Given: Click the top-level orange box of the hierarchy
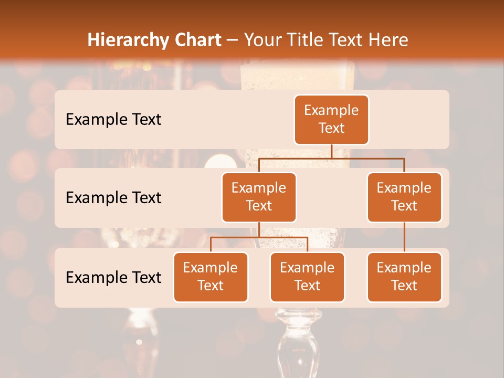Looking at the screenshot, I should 331,119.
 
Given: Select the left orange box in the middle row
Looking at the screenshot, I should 259,197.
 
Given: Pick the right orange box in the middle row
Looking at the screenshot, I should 404,197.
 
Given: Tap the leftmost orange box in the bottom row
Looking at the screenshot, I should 211,277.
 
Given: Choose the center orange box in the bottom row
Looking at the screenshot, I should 307,277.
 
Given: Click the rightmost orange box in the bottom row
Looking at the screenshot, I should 404,277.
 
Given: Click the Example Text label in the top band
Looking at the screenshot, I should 113,120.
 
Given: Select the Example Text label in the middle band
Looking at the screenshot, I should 113,198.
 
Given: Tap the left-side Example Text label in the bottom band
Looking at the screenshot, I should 113,278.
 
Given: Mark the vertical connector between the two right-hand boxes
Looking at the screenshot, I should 404,237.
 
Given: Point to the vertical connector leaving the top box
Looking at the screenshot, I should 331,151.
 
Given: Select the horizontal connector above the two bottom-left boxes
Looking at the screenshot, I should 259,237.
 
